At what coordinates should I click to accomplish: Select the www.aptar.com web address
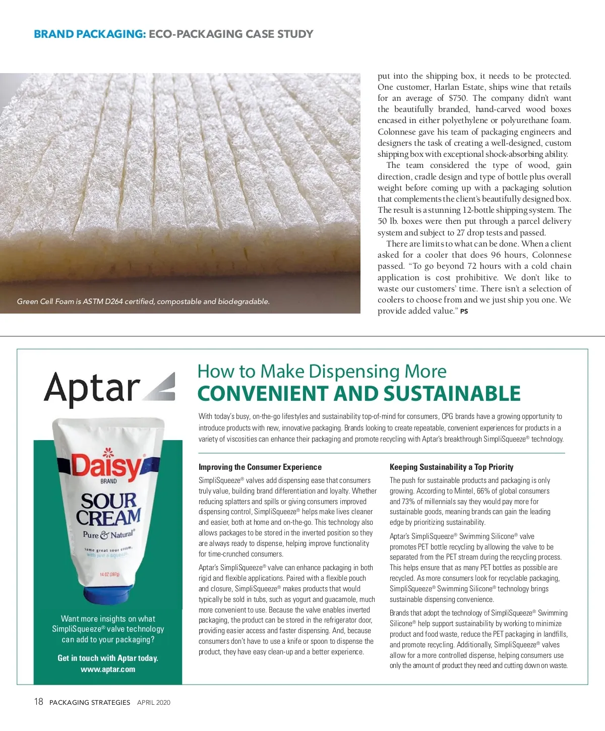[x=108, y=669]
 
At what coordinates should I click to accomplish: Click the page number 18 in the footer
[x=39, y=702]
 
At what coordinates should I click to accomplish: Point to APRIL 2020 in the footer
[x=154, y=702]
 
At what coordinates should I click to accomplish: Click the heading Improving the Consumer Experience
[x=260, y=467]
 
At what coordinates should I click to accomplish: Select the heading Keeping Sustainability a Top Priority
[x=451, y=467]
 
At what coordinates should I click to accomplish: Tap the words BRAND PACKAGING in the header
[x=90, y=34]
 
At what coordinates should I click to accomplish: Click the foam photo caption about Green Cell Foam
[x=143, y=301]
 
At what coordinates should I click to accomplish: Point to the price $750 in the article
[x=458, y=98]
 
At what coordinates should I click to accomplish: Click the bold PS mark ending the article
[x=464, y=312]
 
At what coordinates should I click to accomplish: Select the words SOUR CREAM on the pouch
[x=109, y=509]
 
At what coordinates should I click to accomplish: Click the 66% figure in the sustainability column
[x=483, y=491]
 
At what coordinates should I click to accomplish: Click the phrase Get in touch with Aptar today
[x=108, y=658]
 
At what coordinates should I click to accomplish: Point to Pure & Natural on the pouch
[x=109, y=535]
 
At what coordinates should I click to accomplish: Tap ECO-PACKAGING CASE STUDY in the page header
[x=231, y=34]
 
